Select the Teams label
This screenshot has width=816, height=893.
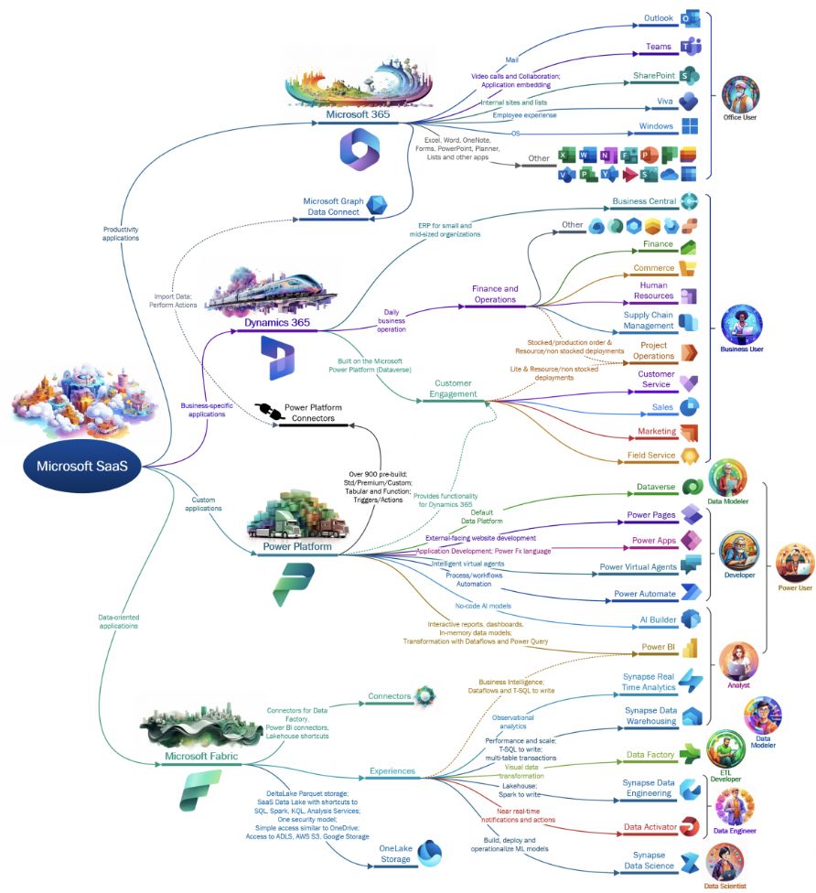(659, 47)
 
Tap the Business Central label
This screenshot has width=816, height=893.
(644, 201)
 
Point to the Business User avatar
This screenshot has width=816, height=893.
(741, 325)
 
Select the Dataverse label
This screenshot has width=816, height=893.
(656, 487)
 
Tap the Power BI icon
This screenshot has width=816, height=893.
(690, 648)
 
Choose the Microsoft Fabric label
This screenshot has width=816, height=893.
(202, 757)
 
